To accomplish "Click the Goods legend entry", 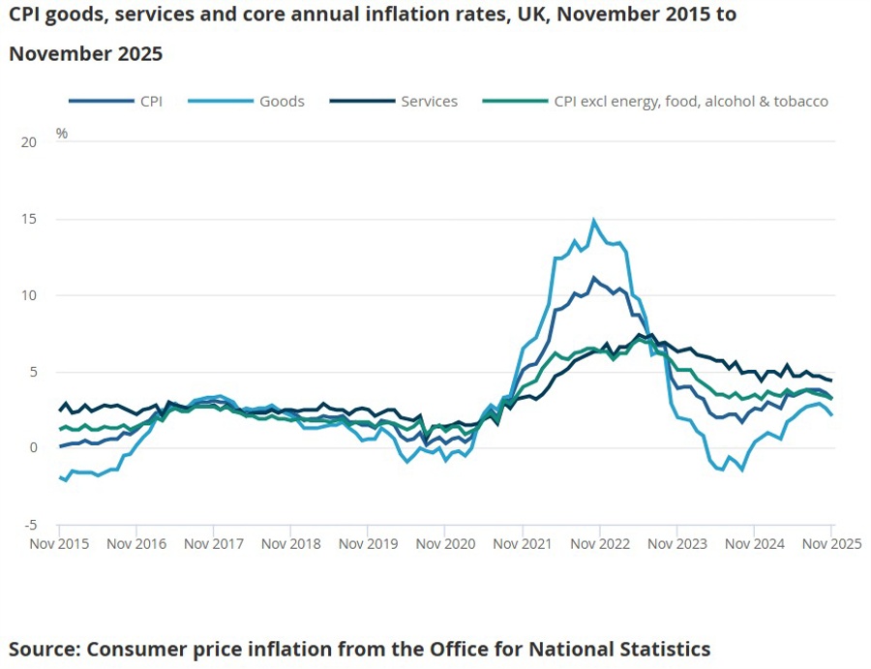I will click(x=282, y=101).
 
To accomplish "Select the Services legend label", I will click(x=429, y=101).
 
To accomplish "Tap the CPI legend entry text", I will click(x=151, y=101).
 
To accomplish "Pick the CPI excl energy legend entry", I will click(x=691, y=101).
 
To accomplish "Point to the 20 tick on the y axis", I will click(x=28, y=142).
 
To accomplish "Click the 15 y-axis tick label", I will click(x=28, y=219).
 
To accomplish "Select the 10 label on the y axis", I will click(x=28, y=295).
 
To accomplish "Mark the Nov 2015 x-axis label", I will click(x=60, y=544).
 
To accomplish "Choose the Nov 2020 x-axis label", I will click(x=445, y=544).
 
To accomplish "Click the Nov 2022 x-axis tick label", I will click(x=600, y=544).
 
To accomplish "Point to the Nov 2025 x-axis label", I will click(x=830, y=544).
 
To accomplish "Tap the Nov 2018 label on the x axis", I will click(x=291, y=544).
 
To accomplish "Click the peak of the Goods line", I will click(x=594, y=221).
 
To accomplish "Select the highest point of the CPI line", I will click(x=594, y=278).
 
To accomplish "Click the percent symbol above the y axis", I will click(x=62, y=134).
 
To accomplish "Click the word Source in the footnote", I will click(x=44, y=649).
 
